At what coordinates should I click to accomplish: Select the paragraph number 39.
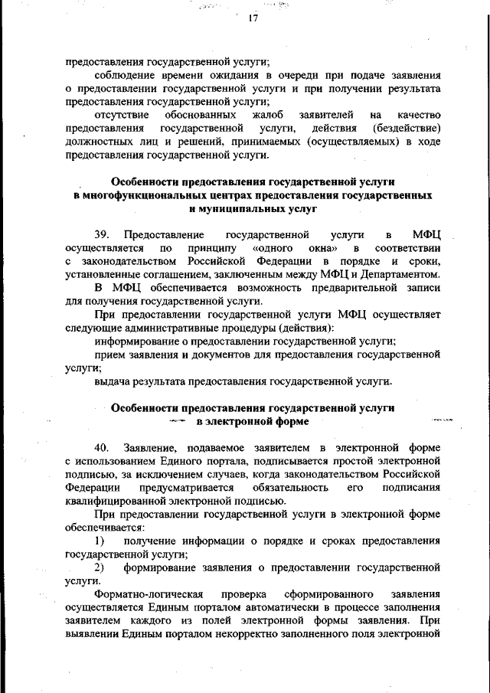tap(102, 234)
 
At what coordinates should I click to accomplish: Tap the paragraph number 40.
tap(102, 446)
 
